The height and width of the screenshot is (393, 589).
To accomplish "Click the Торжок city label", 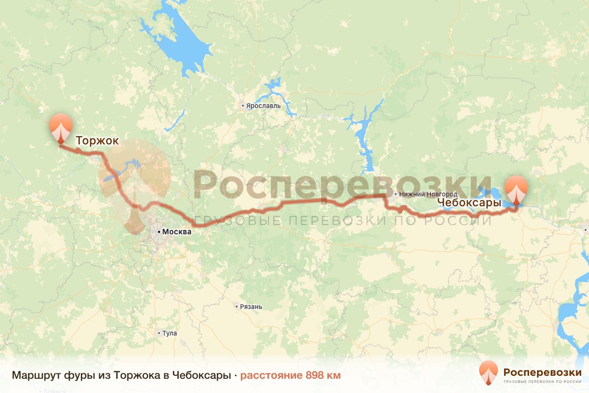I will coord(97,141).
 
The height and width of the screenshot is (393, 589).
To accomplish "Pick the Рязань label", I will coord(251,307).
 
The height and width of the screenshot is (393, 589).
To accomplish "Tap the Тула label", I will coord(170,333).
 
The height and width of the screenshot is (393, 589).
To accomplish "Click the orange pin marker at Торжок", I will coord(61,127).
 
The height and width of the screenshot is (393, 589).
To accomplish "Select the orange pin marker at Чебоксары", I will coord(516,189).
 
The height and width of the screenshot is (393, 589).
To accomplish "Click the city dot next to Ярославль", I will coord(242,106).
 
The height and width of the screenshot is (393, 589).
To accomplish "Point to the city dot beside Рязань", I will coord(237,307).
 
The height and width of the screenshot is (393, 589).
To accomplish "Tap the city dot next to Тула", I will coord(159,333).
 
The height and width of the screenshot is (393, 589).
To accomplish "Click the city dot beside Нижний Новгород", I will coord(396,194).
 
